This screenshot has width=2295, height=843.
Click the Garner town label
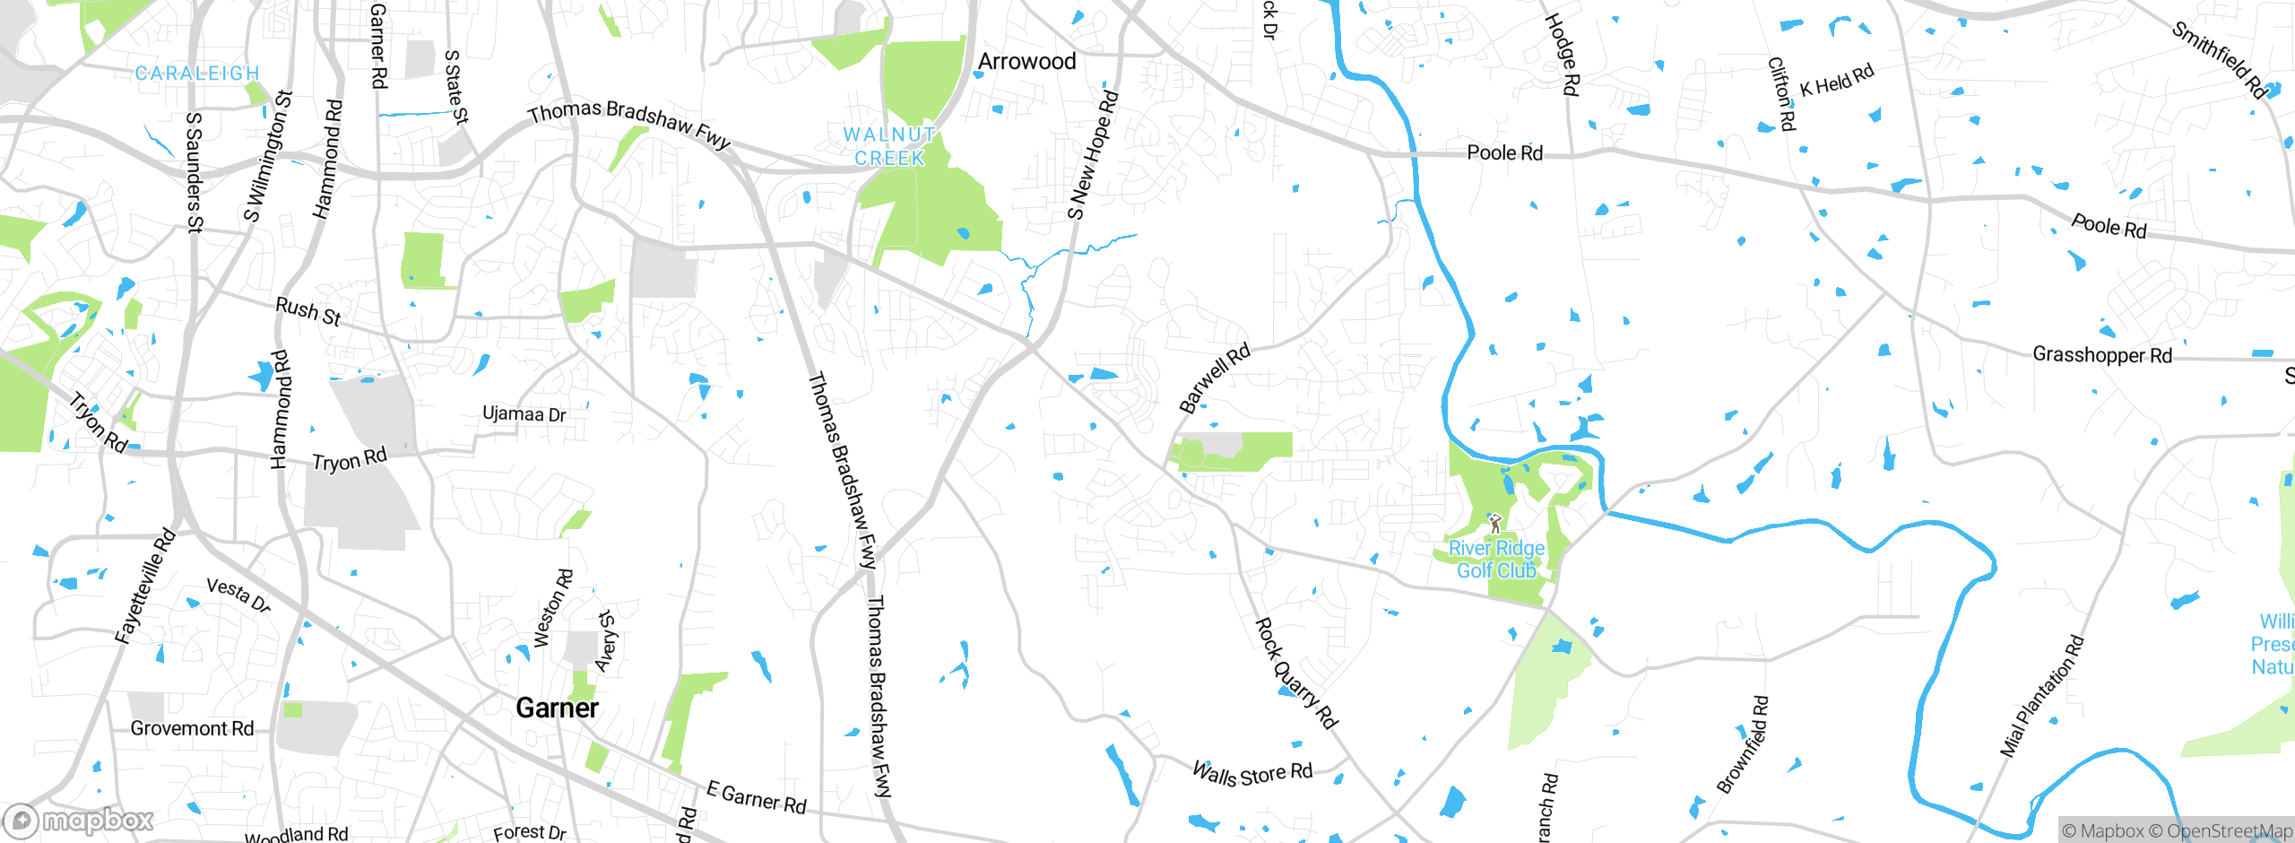pyautogui.click(x=557, y=708)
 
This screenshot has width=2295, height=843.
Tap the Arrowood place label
pyautogui.click(x=1026, y=62)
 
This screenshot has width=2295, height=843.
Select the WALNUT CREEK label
pyautogui.click(x=889, y=146)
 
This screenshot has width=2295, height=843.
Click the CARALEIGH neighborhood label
pyautogui.click(x=197, y=74)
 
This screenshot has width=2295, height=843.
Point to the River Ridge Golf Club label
pyautogui.click(x=1496, y=559)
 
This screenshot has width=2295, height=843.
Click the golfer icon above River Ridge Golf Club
pyautogui.click(x=1494, y=522)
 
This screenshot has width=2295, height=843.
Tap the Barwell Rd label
pyautogui.click(x=1214, y=378)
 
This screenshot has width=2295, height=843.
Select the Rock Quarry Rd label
pyautogui.click(x=1295, y=673)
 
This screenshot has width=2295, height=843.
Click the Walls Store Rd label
pyautogui.click(x=1251, y=773)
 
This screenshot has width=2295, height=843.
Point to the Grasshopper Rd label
pyautogui.click(x=2101, y=355)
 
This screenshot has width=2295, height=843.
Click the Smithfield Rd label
pyautogui.click(x=2219, y=59)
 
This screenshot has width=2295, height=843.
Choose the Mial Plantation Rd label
pyautogui.click(x=2042, y=696)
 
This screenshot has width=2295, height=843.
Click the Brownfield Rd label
pyautogui.click(x=1743, y=744)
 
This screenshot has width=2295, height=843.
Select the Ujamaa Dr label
pyautogui.click(x=524, y=414)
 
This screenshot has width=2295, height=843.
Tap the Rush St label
pyautogui.click(x=308, y=311)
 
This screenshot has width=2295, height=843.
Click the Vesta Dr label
pyautogui.click(x=238, y=595)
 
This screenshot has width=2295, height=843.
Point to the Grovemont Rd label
pyautogui.click(x=192, y=728)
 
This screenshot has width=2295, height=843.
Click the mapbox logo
pyautogui.click(x=79, y=821)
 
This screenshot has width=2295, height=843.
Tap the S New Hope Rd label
pyautogui.click(x=1092, y=154)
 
